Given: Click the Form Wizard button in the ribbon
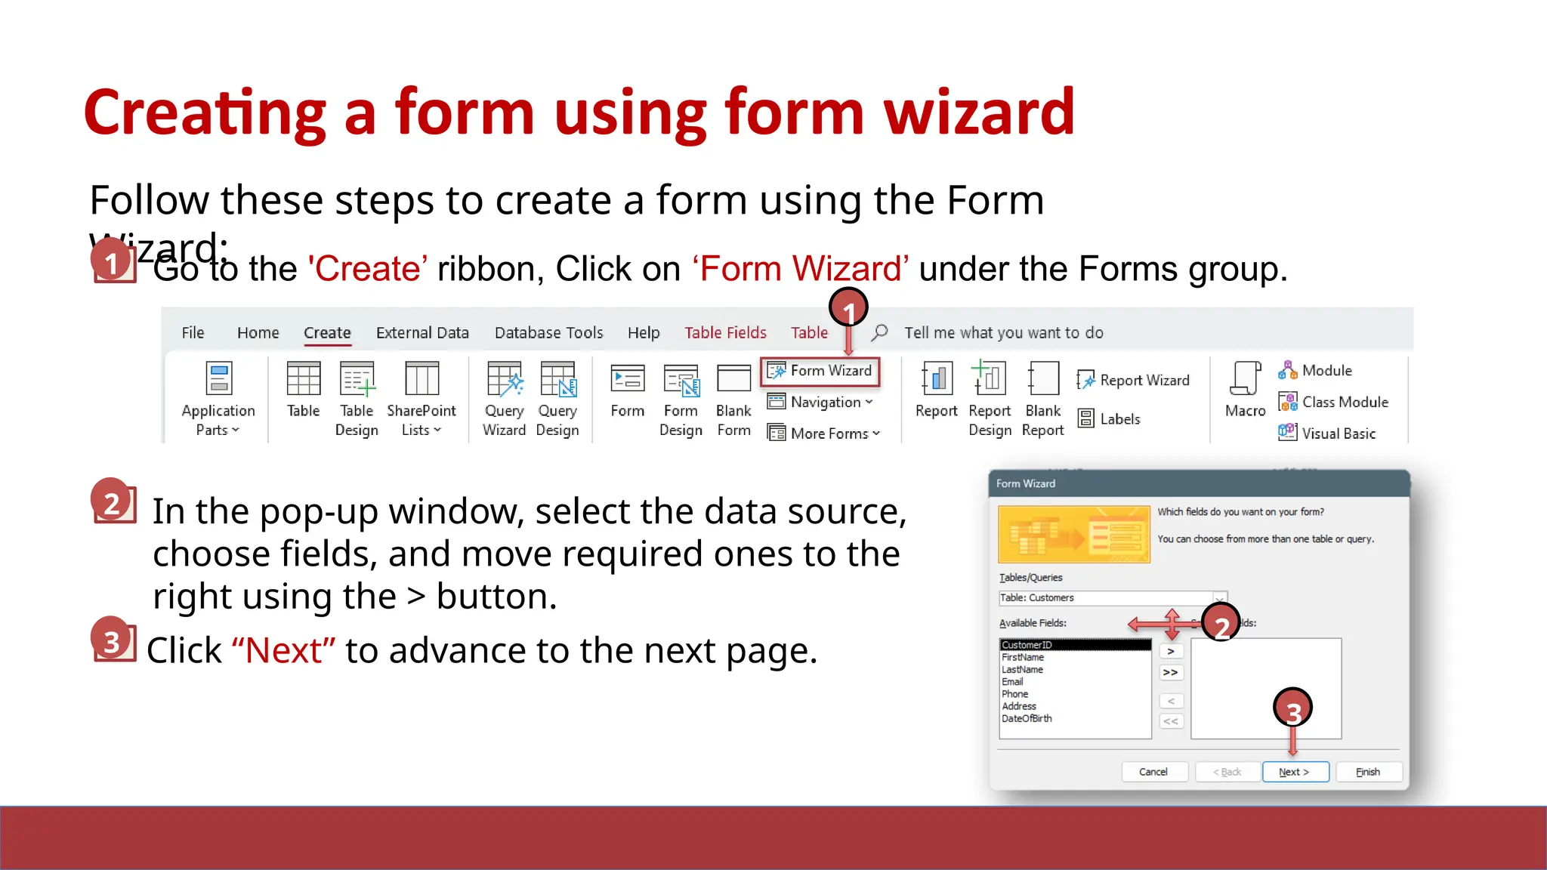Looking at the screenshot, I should coord(821,371).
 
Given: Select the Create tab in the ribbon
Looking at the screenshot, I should coord(327,332).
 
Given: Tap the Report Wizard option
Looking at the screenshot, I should coord(1134,380).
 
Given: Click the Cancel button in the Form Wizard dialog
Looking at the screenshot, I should coord(1153,772).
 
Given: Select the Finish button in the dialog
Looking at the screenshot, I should coord(1368,772).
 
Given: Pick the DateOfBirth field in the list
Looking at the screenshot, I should coord(1027,718).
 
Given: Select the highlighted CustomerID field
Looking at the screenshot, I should coord(1027,645).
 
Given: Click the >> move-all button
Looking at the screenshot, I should coord(1170,672).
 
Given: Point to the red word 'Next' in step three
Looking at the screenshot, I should coord(284,651).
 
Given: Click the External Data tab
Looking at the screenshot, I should coord(422,332).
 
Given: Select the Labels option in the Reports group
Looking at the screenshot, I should coord(1110,418).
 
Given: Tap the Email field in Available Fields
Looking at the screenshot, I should coord(1012,682).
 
